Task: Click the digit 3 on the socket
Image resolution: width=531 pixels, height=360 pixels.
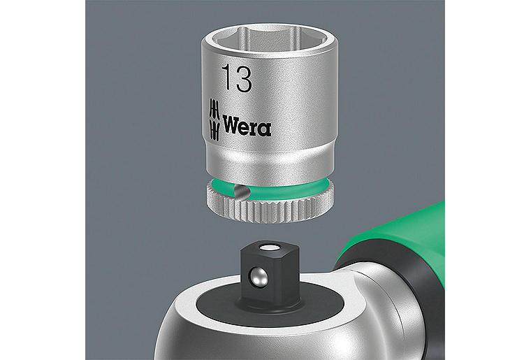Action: pos(244,79)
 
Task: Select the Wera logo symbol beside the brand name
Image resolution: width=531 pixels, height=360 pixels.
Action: pos(214,120)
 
